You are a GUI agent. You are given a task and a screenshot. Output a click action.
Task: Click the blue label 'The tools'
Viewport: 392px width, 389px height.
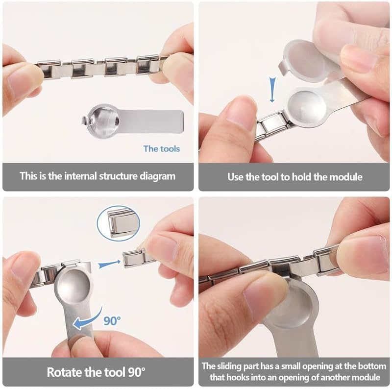162,149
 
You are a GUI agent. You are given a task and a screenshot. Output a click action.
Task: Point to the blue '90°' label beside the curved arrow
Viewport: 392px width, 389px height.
112,320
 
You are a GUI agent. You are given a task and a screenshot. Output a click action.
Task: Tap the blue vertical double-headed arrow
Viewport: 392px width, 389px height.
272,90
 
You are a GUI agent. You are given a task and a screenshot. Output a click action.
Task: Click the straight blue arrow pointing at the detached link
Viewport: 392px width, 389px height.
109,264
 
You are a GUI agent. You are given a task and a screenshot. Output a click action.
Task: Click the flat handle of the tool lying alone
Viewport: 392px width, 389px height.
151,121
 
